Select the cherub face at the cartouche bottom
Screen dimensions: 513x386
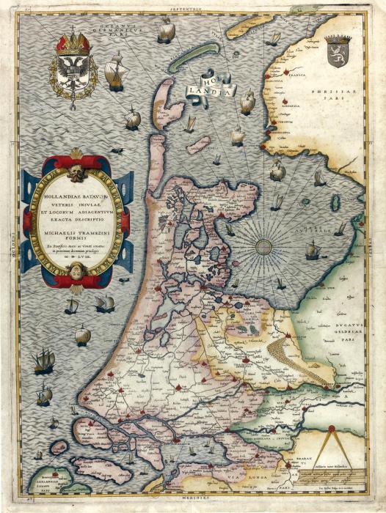[x=77, y=271]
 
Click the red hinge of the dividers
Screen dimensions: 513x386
[x=331, y=428]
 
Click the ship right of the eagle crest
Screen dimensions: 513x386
[x=114, y=73]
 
